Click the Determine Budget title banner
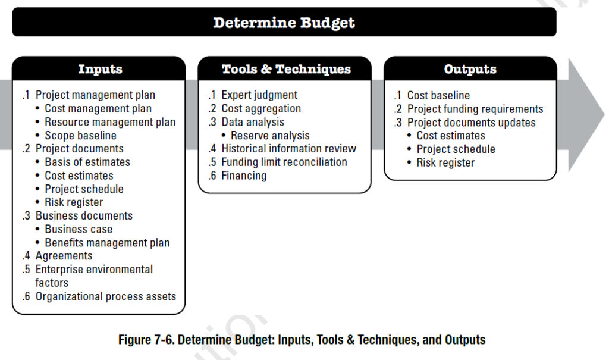284,23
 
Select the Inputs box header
100,69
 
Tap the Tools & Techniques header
286,69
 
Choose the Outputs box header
470,69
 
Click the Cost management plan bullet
98,108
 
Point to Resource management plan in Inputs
110,122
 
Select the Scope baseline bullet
80,136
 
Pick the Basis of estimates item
87,162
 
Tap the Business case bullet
79,229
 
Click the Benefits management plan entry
107,243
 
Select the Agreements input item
64,256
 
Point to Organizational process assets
105,296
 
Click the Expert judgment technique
259,95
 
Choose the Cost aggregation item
261,108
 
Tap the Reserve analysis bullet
270,135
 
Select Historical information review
288,148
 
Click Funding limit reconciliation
284,162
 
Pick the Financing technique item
244,176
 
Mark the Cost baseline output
438,95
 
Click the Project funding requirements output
475,109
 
